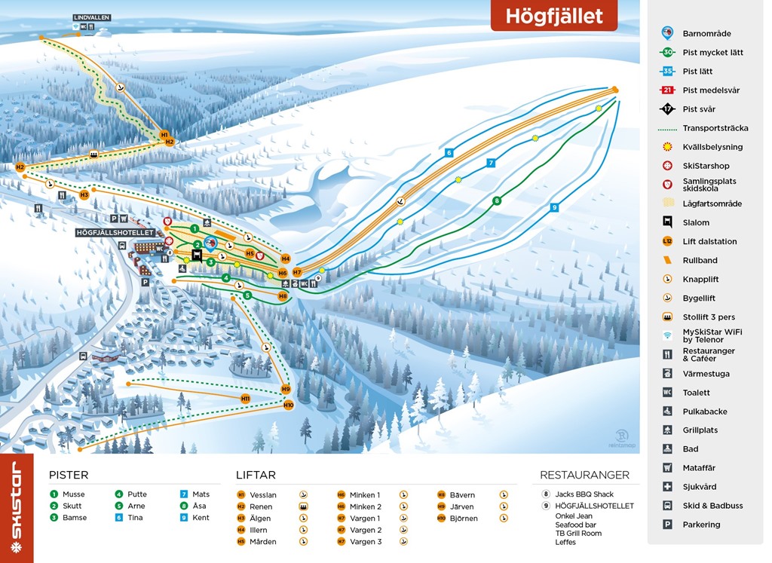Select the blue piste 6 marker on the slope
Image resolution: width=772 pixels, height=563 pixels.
[449, 152]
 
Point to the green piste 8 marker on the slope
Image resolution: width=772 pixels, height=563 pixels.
[496, 200]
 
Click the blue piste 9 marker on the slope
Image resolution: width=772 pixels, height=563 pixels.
[554, 207]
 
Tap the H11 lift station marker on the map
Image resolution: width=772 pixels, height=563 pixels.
[245, 398]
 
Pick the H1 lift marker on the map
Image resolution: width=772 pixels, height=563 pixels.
[164, 135]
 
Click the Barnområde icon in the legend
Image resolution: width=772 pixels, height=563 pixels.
[667, 33]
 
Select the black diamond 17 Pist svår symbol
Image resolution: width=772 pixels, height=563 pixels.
[667, 109]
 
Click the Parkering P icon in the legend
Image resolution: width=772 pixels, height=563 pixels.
[667, 525]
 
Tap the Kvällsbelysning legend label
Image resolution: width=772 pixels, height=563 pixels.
[712, 147]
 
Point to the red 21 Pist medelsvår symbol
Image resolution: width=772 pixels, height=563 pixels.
[667, 90]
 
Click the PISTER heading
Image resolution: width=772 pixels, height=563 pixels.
[69, 475]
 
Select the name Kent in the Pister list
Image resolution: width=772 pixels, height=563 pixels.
[201, 518]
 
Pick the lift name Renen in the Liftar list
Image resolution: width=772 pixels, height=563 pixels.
[261, 507]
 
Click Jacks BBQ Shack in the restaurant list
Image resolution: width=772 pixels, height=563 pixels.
[585, 494]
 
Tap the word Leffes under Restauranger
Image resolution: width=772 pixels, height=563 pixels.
[565, 542]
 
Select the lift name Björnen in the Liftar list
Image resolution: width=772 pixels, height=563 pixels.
[464, 519]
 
